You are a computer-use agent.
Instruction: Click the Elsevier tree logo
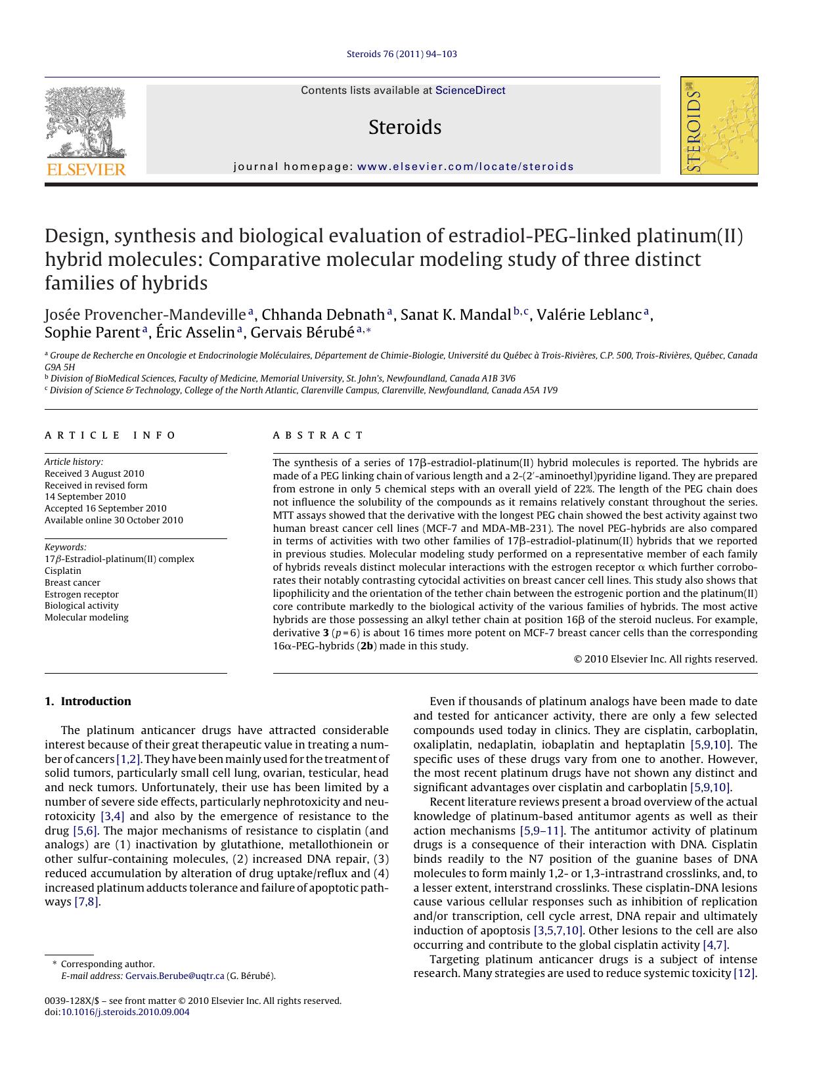tap(85, 122)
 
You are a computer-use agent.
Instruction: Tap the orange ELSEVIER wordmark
tap(86, 169)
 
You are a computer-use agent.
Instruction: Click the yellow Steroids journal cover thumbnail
tap(719, 125)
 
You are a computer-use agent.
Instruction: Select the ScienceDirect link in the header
tap(470, 91)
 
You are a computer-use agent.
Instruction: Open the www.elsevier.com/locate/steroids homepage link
tap(466, 167)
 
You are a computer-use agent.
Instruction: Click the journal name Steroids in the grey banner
tap(405, 127)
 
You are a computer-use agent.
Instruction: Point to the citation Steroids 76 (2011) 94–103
tap(401, 54)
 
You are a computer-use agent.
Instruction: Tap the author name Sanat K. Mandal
tap(455, 315)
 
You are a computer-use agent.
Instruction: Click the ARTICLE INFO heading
tap(110, 435)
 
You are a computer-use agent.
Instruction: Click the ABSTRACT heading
tap(318, 435)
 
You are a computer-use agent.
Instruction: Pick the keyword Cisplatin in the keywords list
tap(63, 571)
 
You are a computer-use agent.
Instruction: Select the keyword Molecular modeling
tap(87, 617)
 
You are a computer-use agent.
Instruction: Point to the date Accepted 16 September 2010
tap(105, 508)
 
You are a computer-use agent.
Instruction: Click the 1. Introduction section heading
tap(88, 701)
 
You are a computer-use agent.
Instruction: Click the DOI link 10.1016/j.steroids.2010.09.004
tap(125, 1012)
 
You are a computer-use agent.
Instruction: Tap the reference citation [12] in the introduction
tap(744, 973)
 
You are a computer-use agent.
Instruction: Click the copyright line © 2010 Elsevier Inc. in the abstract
tap(665, 659)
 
